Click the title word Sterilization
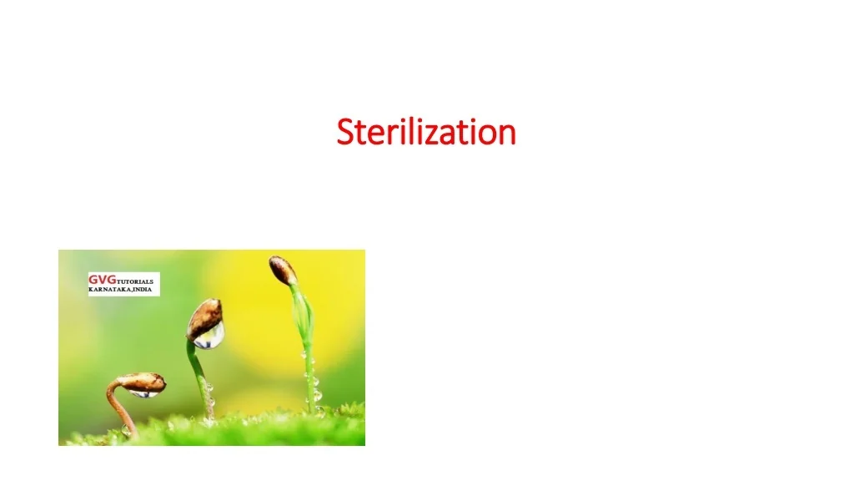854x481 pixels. tap(426, 132)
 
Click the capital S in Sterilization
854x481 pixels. tap(345, 132)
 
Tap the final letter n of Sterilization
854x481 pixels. tap(506, 134)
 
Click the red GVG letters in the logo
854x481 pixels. tap(102, 280)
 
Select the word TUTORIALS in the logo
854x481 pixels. tap(134, 282)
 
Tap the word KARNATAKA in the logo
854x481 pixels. tap(108, 289)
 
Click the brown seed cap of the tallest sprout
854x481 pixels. tap(283, 270)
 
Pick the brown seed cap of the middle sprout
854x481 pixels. tap(205, 317)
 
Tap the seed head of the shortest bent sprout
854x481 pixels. tap(141, 382)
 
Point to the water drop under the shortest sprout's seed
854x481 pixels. tap(143, 392)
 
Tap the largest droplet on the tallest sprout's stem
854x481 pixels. tap(316, 394)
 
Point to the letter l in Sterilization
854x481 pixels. tap(405, 131)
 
